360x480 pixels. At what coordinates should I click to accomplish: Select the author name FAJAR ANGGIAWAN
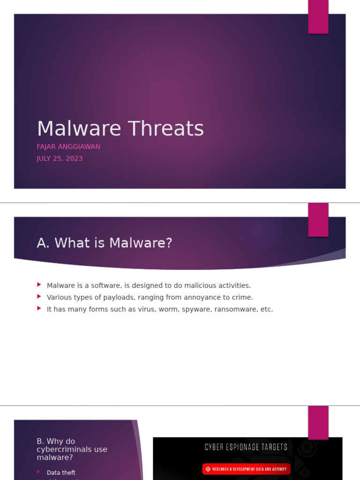click(x=68, y=147)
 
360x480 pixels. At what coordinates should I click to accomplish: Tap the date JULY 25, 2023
click(x=60, y=158)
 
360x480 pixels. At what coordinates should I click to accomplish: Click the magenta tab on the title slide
click(x=318, y=17)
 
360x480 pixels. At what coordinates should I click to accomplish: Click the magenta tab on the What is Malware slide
click(x=318, y=220)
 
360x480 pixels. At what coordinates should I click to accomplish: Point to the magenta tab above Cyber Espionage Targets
click(x=318, y=422)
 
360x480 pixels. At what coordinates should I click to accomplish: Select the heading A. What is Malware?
click(x=105, y=243)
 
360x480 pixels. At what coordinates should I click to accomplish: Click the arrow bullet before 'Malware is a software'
click(x=39, y=285)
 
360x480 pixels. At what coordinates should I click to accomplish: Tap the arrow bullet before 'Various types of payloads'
click(x=39, y=297)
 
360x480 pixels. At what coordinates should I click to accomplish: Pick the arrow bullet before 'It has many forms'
click(x=39, y=308)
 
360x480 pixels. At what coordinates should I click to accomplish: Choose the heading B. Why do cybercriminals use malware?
click(x=72, y=449)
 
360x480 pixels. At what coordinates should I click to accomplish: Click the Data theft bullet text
click(x=61, y=472)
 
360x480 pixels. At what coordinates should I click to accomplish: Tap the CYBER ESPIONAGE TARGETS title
click(x=246, y=447)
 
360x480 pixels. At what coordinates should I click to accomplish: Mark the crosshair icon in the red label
click(x=208, y=469)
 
